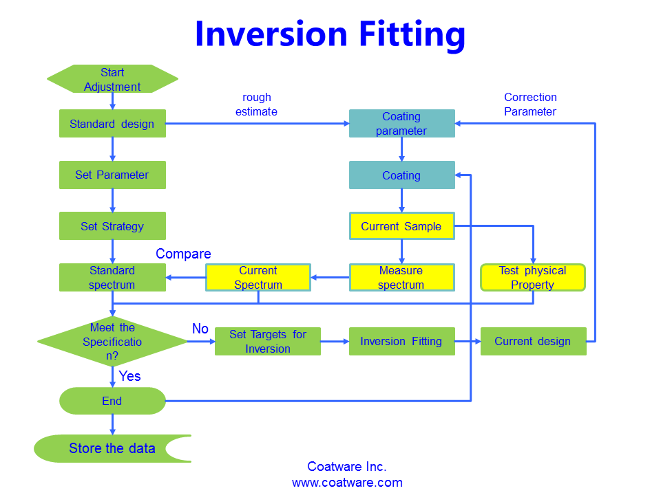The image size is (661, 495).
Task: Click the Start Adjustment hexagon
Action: [112, 79]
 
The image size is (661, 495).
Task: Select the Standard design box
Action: [112, 124]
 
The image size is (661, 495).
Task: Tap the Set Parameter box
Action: [112, 175]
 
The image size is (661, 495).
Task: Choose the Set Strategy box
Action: [112, 226]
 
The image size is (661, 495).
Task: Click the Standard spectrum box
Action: [112, 277]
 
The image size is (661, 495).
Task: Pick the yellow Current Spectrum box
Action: [258, 277]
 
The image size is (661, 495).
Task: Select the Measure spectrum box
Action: [401, 277]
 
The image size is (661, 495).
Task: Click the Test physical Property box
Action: [532, 277]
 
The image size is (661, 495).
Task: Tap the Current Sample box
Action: [401, 226]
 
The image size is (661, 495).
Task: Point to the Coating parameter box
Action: [401, 124]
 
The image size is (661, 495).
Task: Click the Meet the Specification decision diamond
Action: [112, 342]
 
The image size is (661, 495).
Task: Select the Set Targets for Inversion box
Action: [268, 341]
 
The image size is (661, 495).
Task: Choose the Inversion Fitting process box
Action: [401, 341]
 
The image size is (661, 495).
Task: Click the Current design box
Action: [532, 341]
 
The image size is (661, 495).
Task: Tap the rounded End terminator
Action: [112, 401]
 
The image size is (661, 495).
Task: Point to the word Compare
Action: [183, 254]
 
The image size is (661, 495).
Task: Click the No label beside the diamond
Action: [200, 329]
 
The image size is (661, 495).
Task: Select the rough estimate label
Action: [257, 104]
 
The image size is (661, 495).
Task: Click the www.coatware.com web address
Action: [347, 483]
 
